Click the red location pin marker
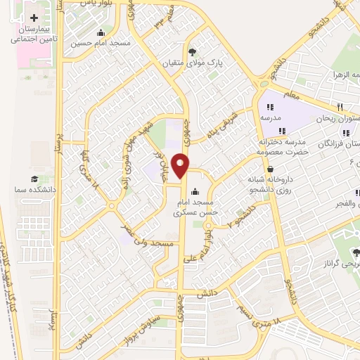[x=181, y=165]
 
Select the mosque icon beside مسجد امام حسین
[x=101, y=32]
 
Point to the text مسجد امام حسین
[x=101, y=43]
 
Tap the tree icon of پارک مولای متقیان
[x=193, y=51]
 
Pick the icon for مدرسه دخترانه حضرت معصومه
[x=281, y=131]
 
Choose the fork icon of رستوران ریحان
[x=339, y=107]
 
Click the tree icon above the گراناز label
[x=355, y=252]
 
